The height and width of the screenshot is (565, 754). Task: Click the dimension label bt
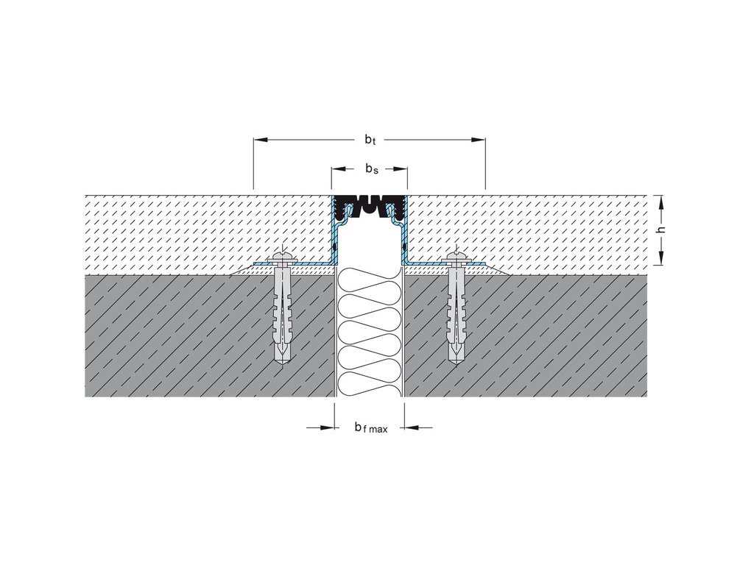pyautogui.click(x=370, y=139)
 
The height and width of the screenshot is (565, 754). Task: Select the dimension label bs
pyautogui.click(x=372, y=169)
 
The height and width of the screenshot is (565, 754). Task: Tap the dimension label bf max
pyautogui.click(x=370, y=427)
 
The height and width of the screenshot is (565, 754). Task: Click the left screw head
pyautogui.click(x=284, y=257)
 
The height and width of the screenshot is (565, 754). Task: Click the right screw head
pyautogui.click(x=457, y=257)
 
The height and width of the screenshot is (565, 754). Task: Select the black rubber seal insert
pyautogui.click(x=369, y=203)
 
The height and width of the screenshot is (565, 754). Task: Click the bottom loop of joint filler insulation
pyautogui.click(x=370, y=382)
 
